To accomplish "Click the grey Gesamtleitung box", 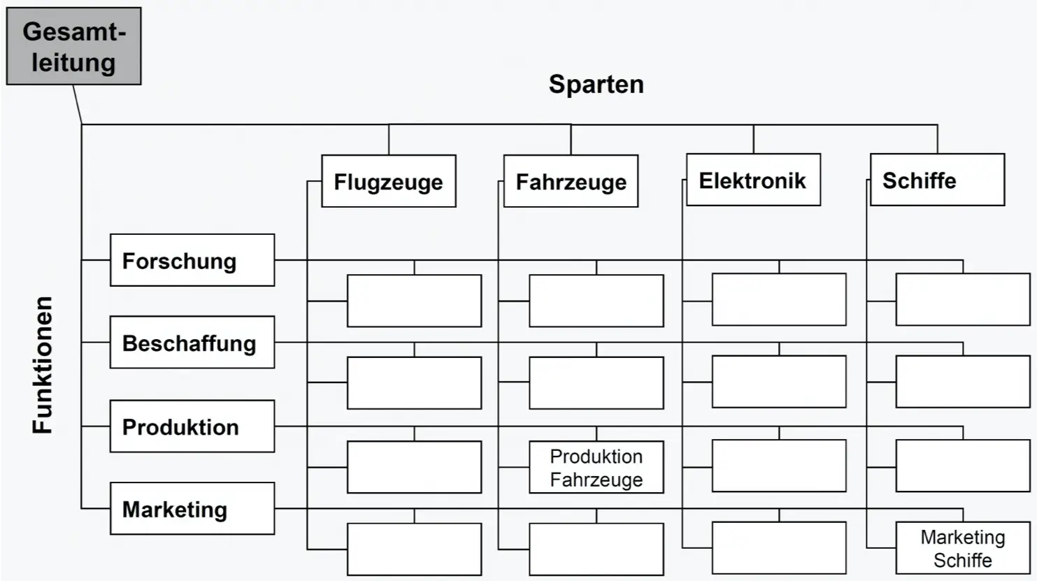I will [x=73, y=46].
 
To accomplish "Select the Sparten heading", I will [x=596, y=84].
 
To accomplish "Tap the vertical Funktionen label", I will [x=43, y=364].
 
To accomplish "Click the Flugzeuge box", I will [x=388, y=181].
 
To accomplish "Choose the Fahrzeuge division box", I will [x=571, y=181].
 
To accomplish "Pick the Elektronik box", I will [x=753, y=180].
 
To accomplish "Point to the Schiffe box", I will [x=936, y=180].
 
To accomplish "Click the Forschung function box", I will [x=192, y=260].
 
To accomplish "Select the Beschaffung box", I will [x=192, y=343].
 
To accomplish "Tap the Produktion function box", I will [x=192, y=426].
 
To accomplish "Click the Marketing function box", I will [x=192, y=509].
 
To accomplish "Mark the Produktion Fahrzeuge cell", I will [x=596, y=467].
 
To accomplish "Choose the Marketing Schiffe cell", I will [x=962, y=548].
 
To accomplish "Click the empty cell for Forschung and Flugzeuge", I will [x=414, y=301].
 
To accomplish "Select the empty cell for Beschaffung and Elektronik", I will [x=779, y=382].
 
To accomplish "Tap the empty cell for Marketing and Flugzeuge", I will [x=414, y=550].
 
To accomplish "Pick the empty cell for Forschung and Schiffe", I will [x=962, y=299].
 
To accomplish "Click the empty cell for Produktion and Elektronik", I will [x=779, y=466].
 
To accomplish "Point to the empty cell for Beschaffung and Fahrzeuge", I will [x=596, y=383].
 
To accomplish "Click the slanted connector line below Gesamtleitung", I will [x=78, y=105].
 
